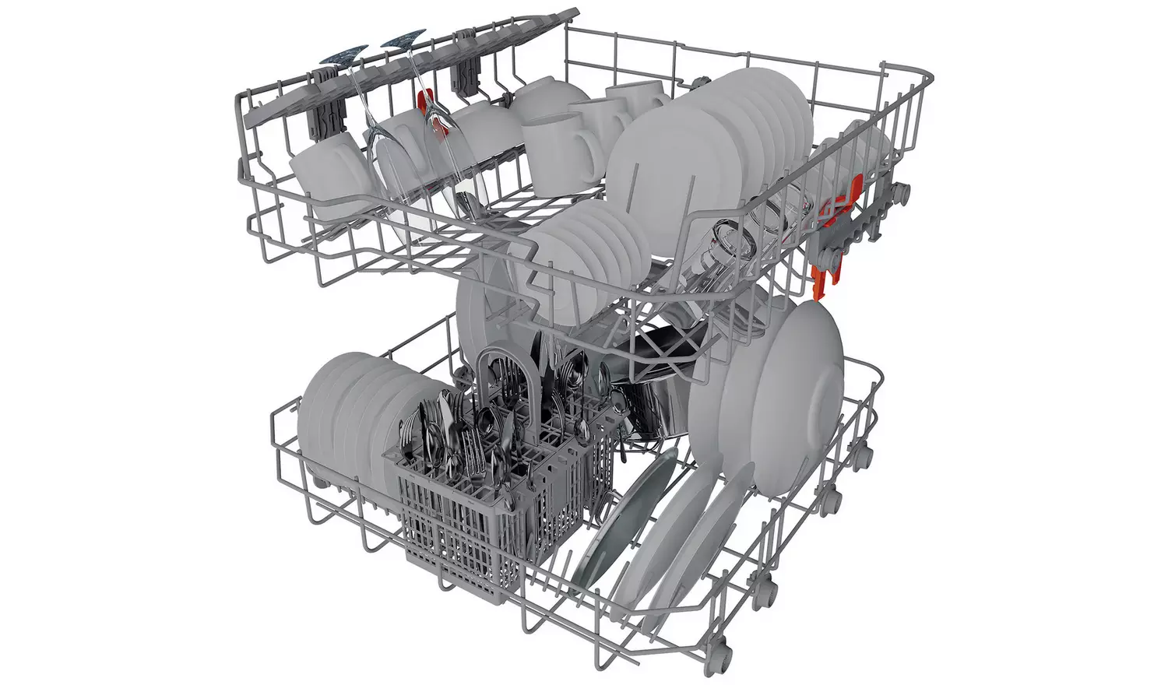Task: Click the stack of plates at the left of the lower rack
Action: click(343, 413)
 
